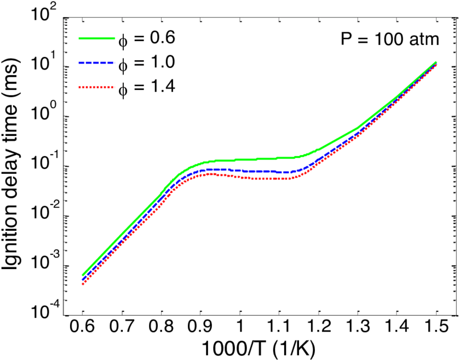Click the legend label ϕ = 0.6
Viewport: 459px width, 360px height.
tap(146, 39)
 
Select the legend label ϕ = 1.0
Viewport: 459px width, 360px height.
tap(146, 64)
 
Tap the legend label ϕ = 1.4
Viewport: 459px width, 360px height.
tap(146, 87)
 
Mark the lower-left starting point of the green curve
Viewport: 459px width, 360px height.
tap(83, 275)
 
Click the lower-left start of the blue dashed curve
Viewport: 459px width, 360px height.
tap(83, 280)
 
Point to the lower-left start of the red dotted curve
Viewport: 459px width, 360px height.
tap(83, 284)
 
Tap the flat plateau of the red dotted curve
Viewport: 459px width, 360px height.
tap(257, 178)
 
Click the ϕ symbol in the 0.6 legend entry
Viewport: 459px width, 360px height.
tap(123, 41)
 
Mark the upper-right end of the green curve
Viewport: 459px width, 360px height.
tap(437, 62)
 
